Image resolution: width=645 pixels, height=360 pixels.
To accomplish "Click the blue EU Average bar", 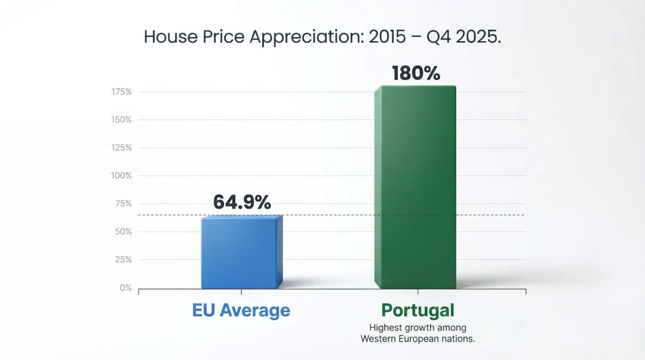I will tap(239, 252).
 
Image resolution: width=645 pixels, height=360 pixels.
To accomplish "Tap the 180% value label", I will tap(416, 73).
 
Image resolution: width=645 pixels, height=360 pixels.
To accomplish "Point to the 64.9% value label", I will tap(242, 202).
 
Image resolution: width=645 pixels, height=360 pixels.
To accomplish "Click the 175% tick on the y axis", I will tap(121, 92).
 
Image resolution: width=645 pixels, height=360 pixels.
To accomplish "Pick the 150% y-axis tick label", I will tap(121, 120).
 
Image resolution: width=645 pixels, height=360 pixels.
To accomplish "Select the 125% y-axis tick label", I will tap(121, 148).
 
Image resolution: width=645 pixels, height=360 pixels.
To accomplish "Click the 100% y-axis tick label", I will tap(121, 176).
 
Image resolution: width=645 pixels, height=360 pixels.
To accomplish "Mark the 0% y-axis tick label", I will tap(125, 288).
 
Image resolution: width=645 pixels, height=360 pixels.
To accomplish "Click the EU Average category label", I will tap(241, 310).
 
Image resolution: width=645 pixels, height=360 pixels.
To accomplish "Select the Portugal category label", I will tap(417, 310).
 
